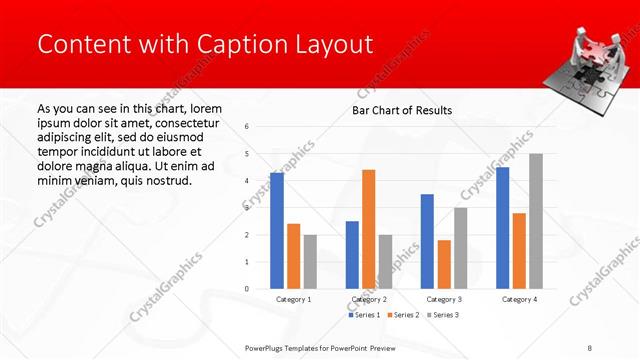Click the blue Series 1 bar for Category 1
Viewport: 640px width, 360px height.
pyautogui.click(x=277, y=230)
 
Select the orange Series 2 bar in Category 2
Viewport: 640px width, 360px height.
pyautogui.click(x=369, y=229)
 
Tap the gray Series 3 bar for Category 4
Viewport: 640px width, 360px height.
pyautogui.click(x=536, y=221)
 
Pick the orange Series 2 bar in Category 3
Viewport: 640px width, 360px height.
pyautogui.click(x=444, y=264)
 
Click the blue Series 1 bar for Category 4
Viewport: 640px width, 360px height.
pyautogui.click(x=502, y=228)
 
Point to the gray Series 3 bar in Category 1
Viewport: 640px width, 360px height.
pyautogui.click(x=310, y=261)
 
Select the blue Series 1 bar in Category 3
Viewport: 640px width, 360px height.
pyautogui.click(x=427, y=241)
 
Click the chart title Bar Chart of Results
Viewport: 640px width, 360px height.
pyautogui.click(x=401, y=110)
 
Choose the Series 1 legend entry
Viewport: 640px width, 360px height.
pyautogui.click(x=364, y=314)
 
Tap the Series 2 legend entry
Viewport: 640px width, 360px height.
pyautogui.click(x=404, y=314)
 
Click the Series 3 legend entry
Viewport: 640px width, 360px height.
pyautogui.click(x=443, y=314)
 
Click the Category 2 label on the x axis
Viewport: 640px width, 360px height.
pyautogui.click(x=369, y=299)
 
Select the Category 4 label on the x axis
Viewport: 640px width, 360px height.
pyautogui.click(x=519, y=299)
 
